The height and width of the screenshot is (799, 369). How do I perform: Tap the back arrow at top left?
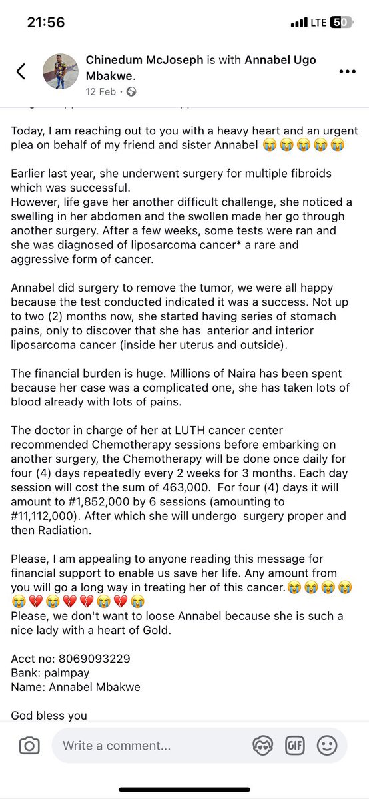(x=21, y=71)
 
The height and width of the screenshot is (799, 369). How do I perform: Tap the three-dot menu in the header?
(x=347, y=71)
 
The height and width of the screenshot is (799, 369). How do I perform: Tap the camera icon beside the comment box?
(x=29, y=746)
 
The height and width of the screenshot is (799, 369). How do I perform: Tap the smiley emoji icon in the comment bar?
(x=326, y=746)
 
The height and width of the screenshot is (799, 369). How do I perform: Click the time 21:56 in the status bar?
(x=46, y=22)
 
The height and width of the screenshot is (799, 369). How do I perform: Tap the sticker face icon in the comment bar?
(x=263, y=746)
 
